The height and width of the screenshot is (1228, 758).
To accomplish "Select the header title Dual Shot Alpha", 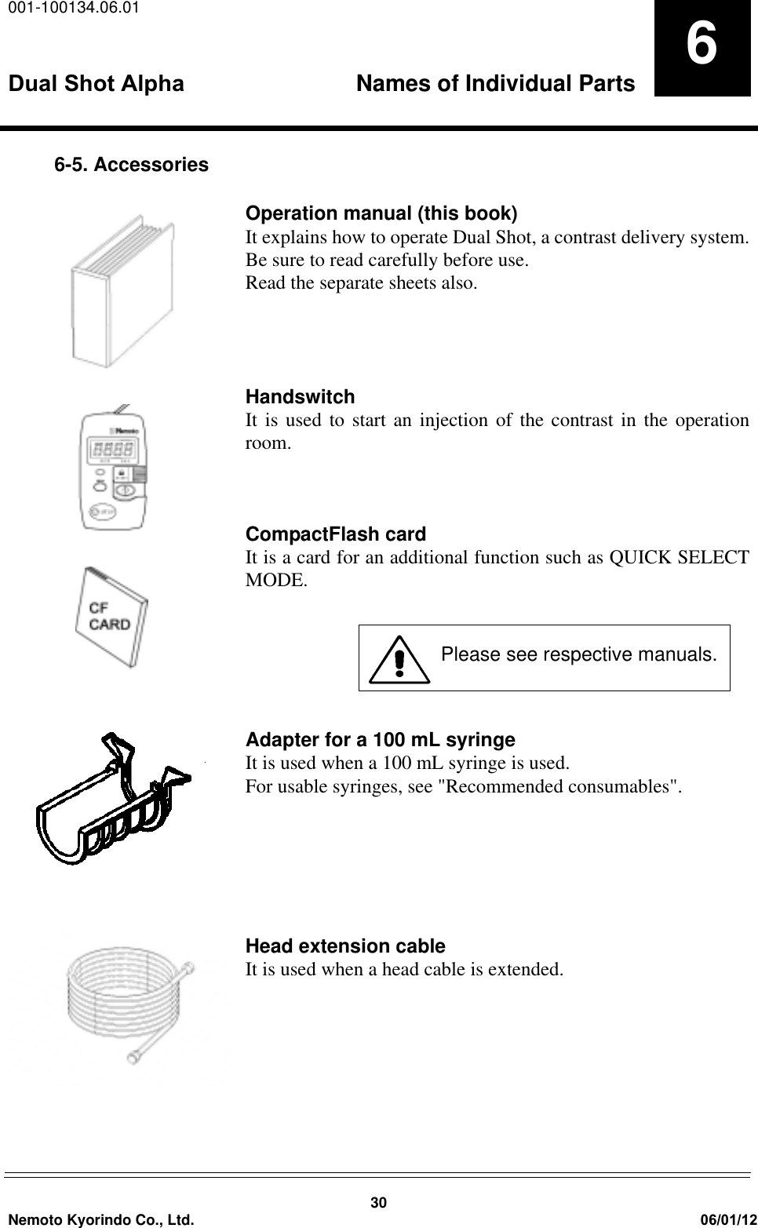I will click(x=97, y=84).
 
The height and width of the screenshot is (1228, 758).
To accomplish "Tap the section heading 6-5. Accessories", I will click(x=131, y=165).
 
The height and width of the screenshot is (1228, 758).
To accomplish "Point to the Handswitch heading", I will click(x=300, y=397).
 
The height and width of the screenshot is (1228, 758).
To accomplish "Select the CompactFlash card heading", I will click(x=336, y=534).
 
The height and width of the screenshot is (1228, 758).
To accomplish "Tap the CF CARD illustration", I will click(x=110, y=617).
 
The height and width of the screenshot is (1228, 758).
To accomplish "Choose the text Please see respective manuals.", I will click(x=578, y=654).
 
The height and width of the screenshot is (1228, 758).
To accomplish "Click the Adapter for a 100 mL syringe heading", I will click(x=381, y=740).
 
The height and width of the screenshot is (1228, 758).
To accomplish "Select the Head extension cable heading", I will click(x=345, y=946).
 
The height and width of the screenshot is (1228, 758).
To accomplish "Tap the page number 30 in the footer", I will click(x=379, y=1204).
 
